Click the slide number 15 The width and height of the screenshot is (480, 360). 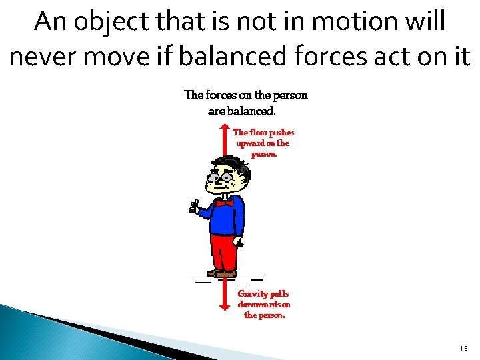(464, 349)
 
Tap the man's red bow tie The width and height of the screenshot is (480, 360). (225, 203)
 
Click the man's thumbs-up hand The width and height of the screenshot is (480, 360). (193, 206)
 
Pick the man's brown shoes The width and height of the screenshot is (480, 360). (222, 273)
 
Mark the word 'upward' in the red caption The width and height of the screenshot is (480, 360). (249, 143)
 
